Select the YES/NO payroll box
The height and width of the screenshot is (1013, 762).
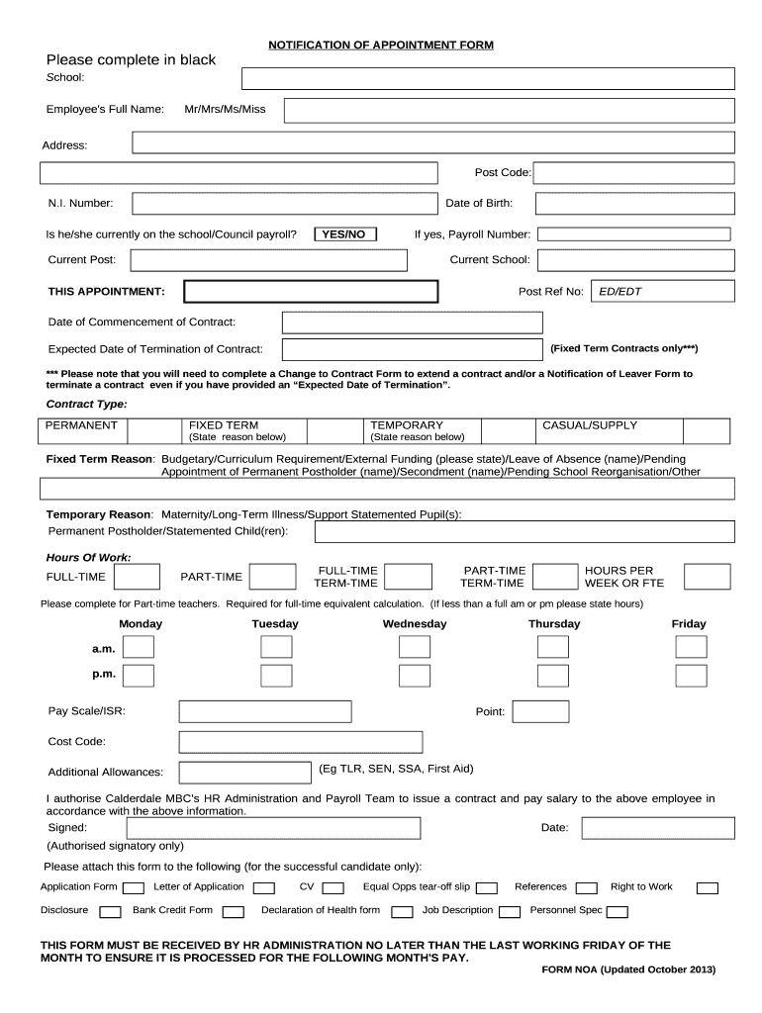point(343,234)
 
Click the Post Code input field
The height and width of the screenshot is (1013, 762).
point(634,173)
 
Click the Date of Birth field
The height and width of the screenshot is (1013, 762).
point(634,204)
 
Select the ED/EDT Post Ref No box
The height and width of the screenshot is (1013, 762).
point(662,292)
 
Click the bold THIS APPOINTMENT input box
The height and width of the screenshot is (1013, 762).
point(311,292)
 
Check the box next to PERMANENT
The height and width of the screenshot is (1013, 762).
point(152,430)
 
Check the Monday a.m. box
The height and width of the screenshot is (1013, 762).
point(139,647)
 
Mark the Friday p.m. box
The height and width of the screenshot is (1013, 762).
point(691,676)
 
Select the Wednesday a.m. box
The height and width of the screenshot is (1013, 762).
point(415,647)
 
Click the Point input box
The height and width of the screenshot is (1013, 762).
point(540,711)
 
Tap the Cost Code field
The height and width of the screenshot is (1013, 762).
point(299,742)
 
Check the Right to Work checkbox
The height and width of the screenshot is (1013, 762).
point(707,887)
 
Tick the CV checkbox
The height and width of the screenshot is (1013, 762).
point(333,887)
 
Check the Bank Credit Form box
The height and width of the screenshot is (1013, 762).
point(233,911)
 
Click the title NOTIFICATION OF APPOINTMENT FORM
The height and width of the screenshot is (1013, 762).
point(381,46)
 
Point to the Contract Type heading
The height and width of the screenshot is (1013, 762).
point(87,404)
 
